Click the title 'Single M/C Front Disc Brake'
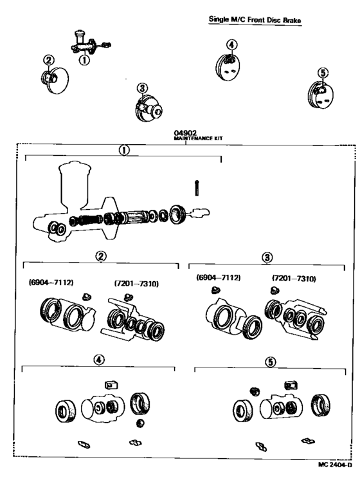point(255,20)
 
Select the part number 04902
point(185,133)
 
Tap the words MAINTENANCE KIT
point(185,138)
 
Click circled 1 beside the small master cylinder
point(83,60)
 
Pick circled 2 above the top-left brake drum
point(48,60)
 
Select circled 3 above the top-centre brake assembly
point(142,88)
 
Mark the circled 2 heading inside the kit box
point(101,256)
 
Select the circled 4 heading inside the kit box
point(98,360)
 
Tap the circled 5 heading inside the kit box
point(271,362)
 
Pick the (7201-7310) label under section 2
point(136,283)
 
